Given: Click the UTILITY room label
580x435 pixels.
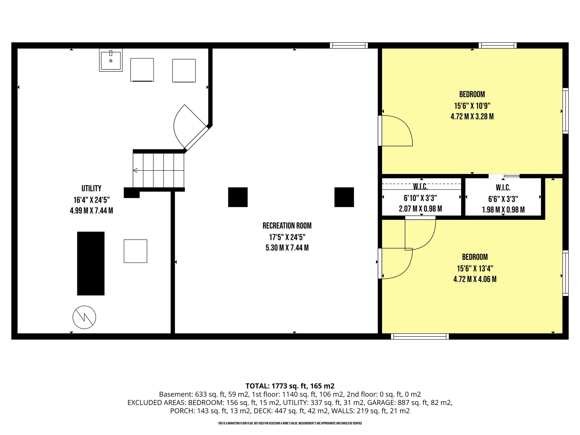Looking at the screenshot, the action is tap(91, 188).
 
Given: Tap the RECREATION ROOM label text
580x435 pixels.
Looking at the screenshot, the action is tap(287, 226).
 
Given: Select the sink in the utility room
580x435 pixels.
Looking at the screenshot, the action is tap(111, 60).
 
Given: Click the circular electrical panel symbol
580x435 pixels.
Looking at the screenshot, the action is tap(84, 317).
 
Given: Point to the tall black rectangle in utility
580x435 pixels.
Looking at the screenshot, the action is tap(91, 263).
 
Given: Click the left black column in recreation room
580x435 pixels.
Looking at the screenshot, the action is tap(238, 197).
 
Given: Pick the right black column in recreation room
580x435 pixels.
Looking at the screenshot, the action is tap(344, 197).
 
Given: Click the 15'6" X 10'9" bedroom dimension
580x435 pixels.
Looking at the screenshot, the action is tap(472, 106).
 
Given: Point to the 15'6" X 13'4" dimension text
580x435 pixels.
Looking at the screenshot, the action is tap(475, 268).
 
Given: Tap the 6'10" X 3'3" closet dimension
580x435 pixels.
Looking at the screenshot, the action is tap(420, 198).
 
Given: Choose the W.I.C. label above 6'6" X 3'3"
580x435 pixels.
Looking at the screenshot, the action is tap(503, 187).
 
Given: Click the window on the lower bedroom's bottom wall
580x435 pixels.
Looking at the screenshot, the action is tap(420, 336).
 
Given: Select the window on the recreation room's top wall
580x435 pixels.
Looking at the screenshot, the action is tap(349, 45).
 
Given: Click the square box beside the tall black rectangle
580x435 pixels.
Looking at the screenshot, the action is tap(135, 251).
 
